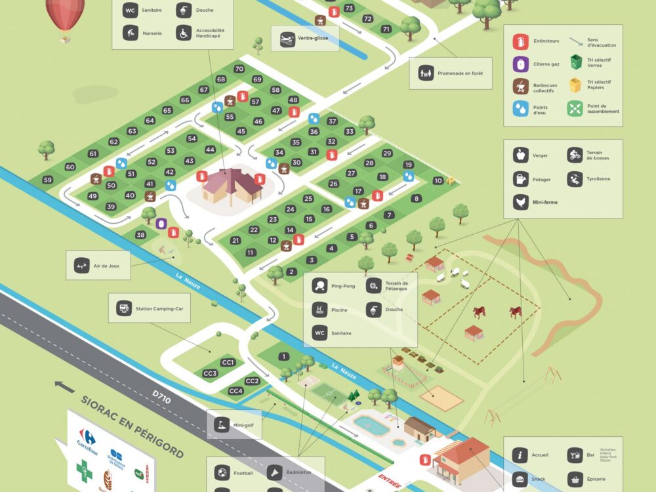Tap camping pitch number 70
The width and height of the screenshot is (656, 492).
coord(239,69)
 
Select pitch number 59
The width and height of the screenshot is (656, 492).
coord(47,180)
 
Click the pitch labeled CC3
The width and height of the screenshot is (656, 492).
coord(210,374)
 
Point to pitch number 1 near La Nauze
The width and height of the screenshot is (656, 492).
coord(283,356)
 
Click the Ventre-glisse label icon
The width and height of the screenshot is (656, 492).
coord(287,38)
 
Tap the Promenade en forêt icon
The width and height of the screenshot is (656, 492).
coord(425,73)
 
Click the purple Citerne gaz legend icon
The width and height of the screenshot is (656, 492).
coord(521,64)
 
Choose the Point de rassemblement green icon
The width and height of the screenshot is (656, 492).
coord(575,109)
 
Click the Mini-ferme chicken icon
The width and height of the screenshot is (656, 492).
coord(521,202)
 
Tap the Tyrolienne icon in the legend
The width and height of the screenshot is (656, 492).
coord(575,179)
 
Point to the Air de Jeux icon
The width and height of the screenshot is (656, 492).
coord(81,265)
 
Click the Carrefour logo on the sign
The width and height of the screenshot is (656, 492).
coord(87,438)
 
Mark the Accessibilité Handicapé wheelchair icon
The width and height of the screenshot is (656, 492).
coord(182,33)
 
